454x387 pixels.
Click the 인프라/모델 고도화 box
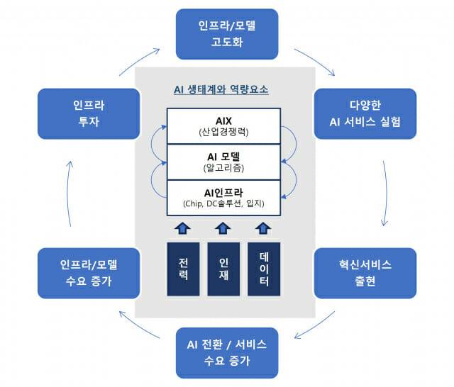[225, 34]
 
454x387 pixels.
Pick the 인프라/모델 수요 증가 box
[89, 272]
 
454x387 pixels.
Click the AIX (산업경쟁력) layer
[223, 125]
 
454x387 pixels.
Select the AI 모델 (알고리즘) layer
[223, 162]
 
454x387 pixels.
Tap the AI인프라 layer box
[223, 198]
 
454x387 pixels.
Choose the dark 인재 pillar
[223, 269]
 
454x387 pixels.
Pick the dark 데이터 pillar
[264, 269]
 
